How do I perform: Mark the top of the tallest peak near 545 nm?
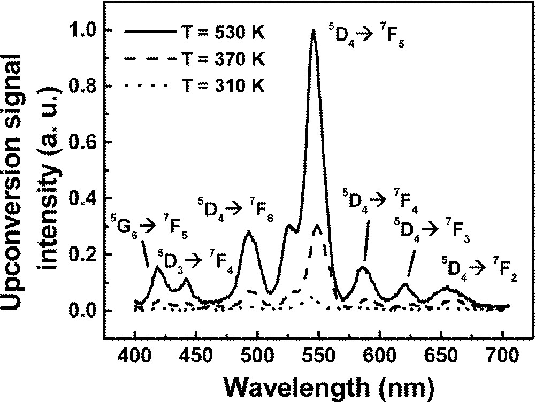[314, 30]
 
